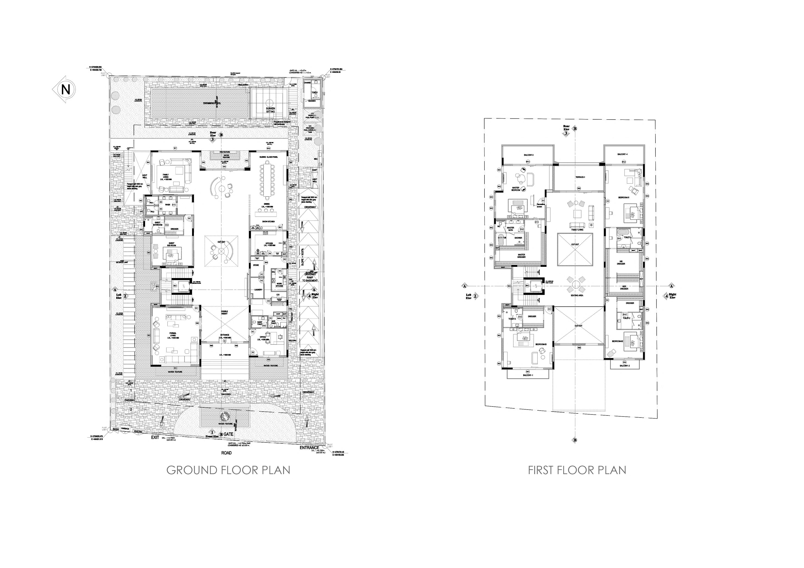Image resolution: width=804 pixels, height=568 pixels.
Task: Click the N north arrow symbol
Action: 65,90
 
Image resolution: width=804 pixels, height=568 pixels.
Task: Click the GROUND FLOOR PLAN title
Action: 228,470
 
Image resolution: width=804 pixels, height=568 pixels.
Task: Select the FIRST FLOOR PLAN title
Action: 577,470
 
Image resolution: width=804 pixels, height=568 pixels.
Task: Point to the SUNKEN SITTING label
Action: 270,110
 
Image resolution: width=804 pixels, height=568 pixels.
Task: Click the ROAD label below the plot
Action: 226,453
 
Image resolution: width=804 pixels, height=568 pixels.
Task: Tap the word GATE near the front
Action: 228,434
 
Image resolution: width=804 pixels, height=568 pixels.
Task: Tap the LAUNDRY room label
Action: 259,289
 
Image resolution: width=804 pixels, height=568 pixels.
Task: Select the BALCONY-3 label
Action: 529,155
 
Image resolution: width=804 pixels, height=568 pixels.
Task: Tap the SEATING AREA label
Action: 577,295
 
